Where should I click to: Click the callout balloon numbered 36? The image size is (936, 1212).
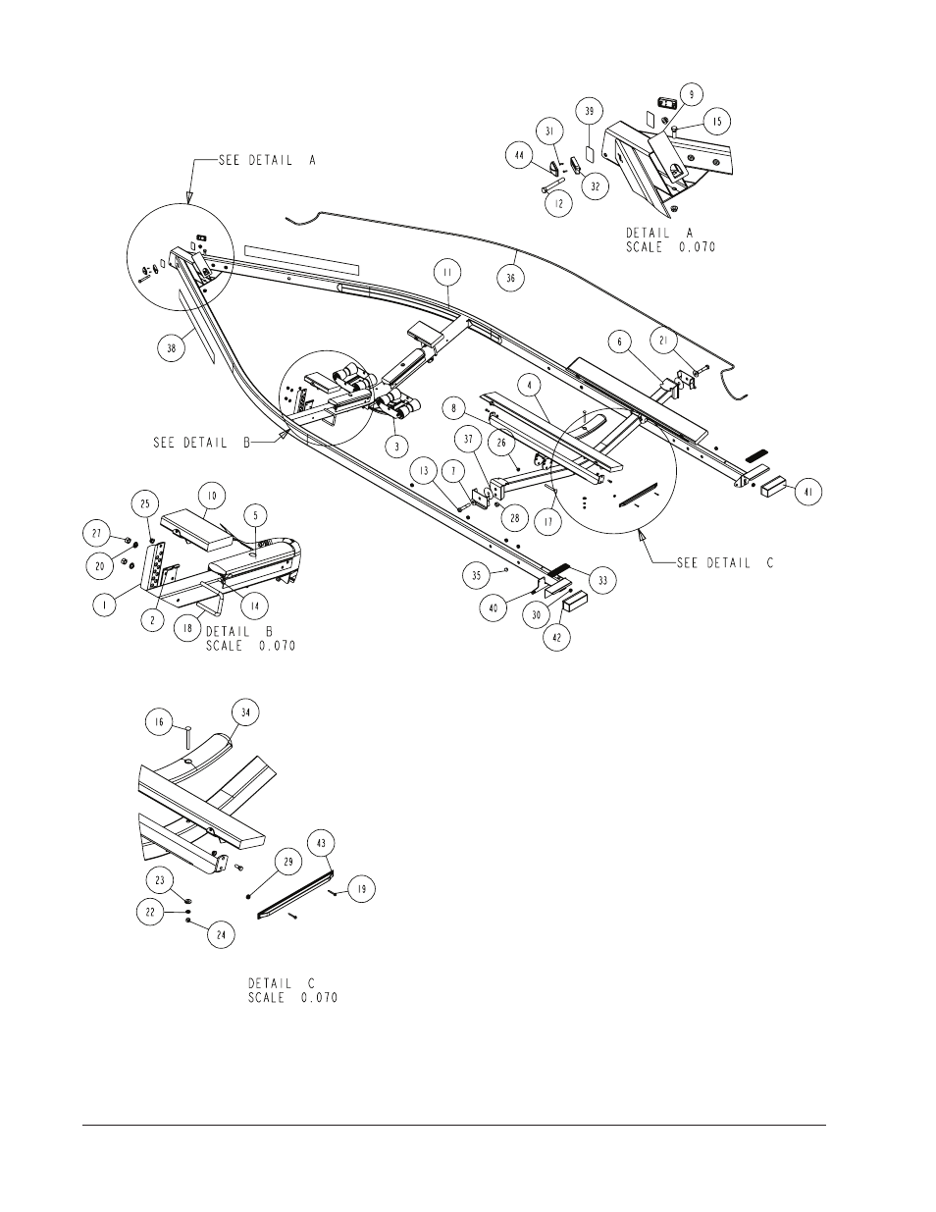click(510, 277)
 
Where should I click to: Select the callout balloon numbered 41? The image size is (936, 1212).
click(807, 492)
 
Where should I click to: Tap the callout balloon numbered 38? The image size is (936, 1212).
click(171, 347)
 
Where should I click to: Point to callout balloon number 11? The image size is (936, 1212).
click(448, 273)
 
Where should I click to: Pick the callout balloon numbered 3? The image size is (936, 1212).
click(397, 447)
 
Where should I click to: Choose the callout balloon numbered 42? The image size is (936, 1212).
click(556, 638)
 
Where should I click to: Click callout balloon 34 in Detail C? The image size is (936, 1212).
click(245, 712)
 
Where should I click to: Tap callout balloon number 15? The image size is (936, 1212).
click(717, 122)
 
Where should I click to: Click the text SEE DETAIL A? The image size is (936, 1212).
click(267, 161)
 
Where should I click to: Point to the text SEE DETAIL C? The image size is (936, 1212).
click(725, 562)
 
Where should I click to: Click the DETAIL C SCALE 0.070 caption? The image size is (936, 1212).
click(292, 990)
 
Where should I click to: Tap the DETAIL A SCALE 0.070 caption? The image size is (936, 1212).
click(671, 239)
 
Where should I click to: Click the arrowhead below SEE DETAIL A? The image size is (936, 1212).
click(189, 197)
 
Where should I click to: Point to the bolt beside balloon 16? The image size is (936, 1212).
click(187, 736)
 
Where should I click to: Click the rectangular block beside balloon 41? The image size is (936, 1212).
click(774, 489)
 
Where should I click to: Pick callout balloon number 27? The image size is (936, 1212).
click(97, 533)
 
